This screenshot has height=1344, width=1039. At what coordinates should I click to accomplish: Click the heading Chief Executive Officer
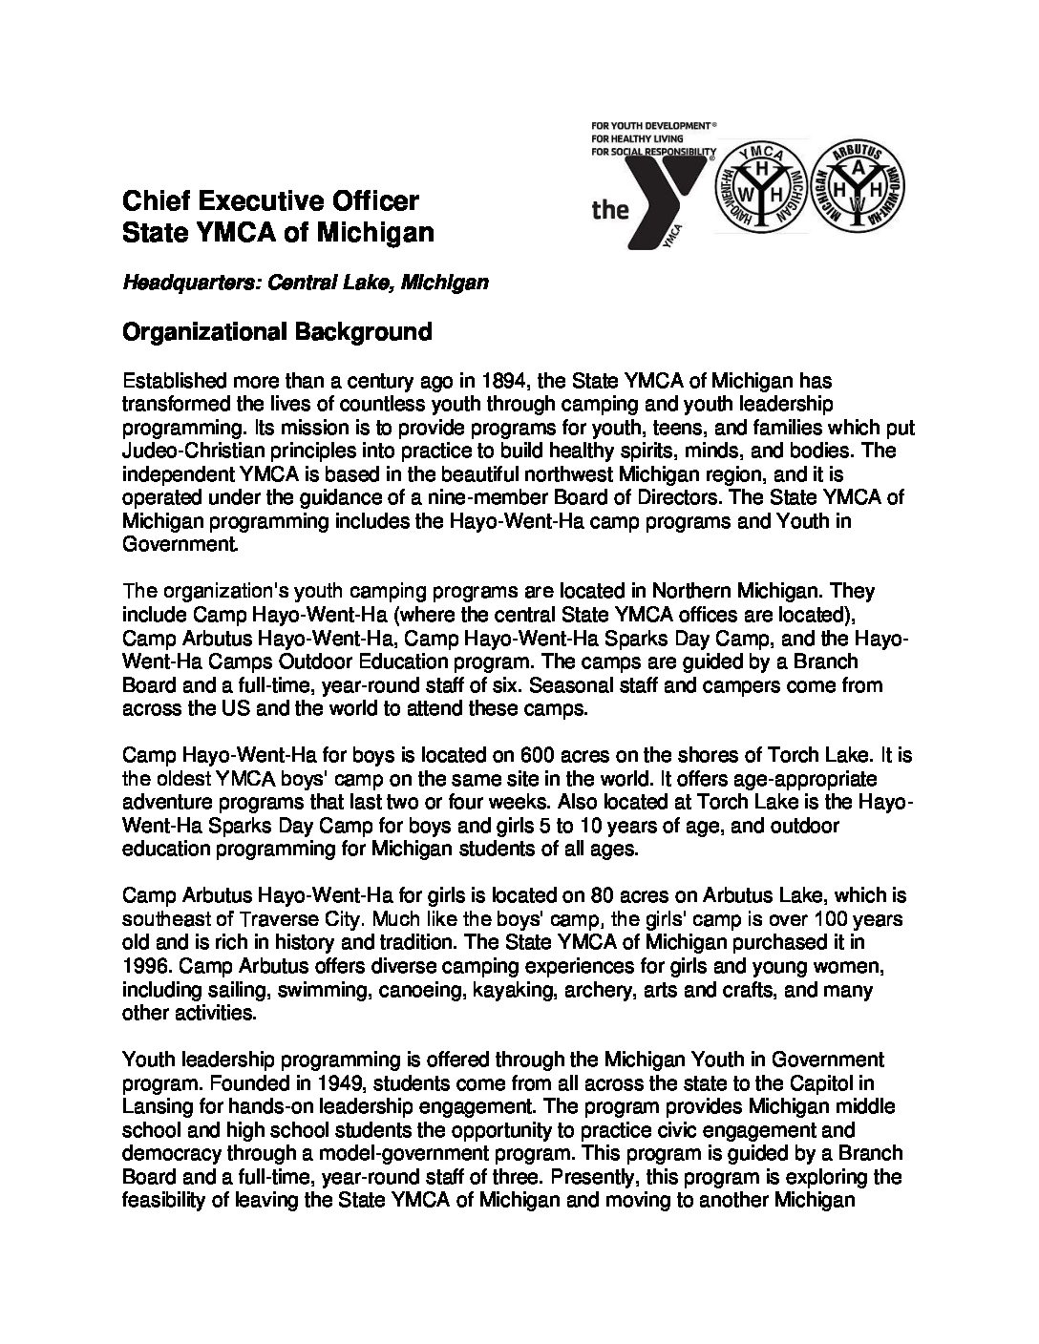[x=270, y=201]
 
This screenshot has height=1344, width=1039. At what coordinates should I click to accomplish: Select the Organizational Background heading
[x=277, y=331]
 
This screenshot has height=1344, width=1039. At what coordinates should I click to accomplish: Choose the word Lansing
[x=156, y=1106]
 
